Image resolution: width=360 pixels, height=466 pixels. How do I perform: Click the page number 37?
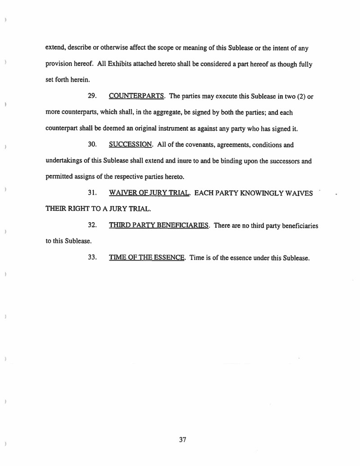[182, 439]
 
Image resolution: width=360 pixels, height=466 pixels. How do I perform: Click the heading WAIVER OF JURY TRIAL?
[150, 193]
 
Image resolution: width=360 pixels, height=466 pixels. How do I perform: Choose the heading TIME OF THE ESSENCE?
[147, 258]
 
